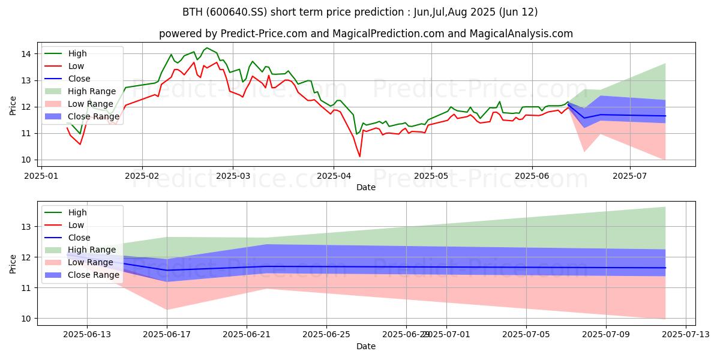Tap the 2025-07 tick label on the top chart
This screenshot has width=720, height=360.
630,176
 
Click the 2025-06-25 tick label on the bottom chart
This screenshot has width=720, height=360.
326,335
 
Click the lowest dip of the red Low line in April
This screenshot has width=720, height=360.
360,157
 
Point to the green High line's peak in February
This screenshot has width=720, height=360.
207,48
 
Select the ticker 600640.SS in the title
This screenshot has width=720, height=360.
233,12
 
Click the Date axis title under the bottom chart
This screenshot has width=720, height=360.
366,346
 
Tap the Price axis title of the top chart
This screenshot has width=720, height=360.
13,105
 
